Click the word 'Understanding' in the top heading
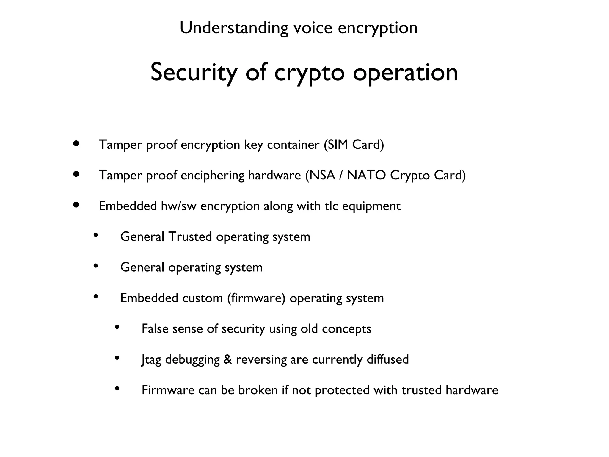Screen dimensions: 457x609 pyautogui.click(x=234, y=28)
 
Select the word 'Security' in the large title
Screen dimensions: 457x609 pyautogui.click(x=194, y=72)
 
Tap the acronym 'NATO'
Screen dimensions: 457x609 pyautogui.click(x=367, y=175)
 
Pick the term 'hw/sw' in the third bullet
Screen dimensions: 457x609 pyautogui.click(x=178, y=206)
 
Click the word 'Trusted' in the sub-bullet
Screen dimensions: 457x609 pyautogui.click(x=190, y=237)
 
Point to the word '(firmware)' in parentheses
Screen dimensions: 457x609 pyautogui.click(x=256, y=298)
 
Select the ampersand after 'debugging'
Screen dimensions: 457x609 pyautogui.click(x=228, y=359)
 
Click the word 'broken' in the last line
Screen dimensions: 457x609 pyautogui.click(x=258, y=390)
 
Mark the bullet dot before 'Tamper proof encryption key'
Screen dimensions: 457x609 pyautogui.click(x=76, y=144)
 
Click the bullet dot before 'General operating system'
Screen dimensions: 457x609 pyautogui.click(x=96, y=266)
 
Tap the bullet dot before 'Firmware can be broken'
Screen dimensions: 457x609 pyautogui.click(x=117, y=388)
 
